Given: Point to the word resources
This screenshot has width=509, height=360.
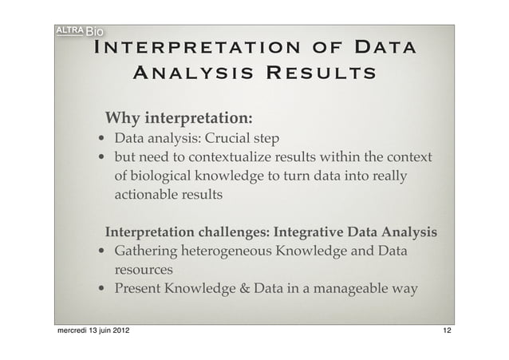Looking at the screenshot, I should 144,270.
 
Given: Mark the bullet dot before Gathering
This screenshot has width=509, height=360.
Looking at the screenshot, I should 102,252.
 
